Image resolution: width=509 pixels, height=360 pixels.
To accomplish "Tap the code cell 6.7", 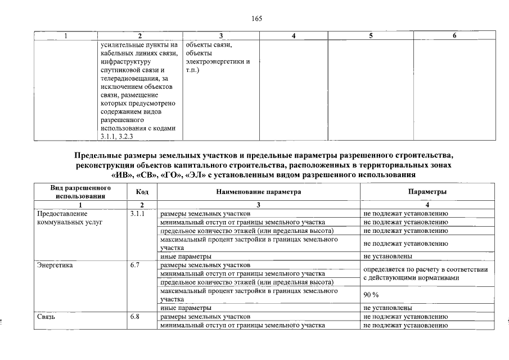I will tap(134, 264).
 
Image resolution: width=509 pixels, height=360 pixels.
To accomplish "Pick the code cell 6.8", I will tap(134, 317).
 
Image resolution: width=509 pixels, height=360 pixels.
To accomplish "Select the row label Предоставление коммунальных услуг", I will tap(70, 218).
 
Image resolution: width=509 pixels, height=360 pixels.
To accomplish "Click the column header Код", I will tap(142, 192).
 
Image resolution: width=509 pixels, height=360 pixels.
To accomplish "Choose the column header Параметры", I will tap(427, 192).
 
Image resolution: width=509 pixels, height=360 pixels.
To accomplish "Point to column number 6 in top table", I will tap(454, 36).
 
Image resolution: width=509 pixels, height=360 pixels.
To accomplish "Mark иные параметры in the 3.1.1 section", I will tap(186, 256).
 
